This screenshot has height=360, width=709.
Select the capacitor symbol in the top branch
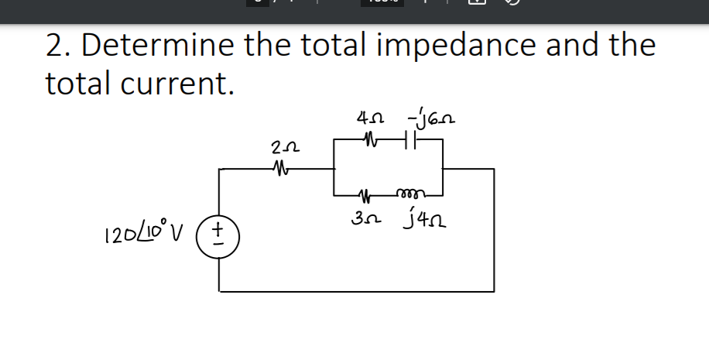[x=411, y=141]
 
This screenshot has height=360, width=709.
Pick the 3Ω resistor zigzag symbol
[x=368, y=194]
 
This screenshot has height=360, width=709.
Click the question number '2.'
[x=59, y=46]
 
